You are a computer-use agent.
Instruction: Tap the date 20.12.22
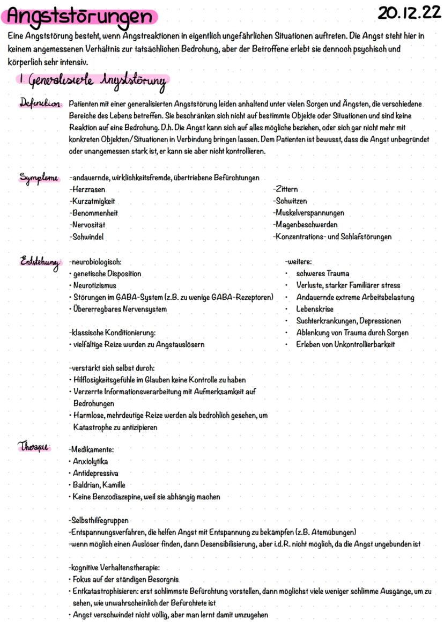[x=409, y=13]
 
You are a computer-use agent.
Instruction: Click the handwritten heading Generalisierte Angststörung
[x=91, y=81]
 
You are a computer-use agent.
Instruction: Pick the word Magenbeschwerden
[x=306, y=224]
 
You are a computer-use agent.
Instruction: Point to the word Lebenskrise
[x=315, y=309]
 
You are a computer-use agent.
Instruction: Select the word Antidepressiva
[x=95, y=473]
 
